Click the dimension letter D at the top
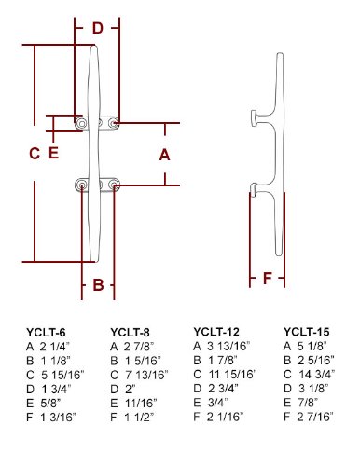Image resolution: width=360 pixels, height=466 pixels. point(98,28)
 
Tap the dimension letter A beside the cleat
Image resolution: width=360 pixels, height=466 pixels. point(165,155)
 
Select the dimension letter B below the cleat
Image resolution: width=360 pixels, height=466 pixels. point(98,284)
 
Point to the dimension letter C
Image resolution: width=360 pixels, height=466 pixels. point(35,154)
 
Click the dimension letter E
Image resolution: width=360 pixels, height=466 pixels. point(54,153)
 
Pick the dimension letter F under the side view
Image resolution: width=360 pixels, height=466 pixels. point(268,278)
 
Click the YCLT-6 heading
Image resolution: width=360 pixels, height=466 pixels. point(46,333)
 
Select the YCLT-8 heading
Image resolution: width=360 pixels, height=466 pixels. point(130,333)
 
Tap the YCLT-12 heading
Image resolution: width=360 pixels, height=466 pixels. point(216,332)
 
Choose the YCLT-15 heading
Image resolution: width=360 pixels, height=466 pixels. point(306,332)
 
